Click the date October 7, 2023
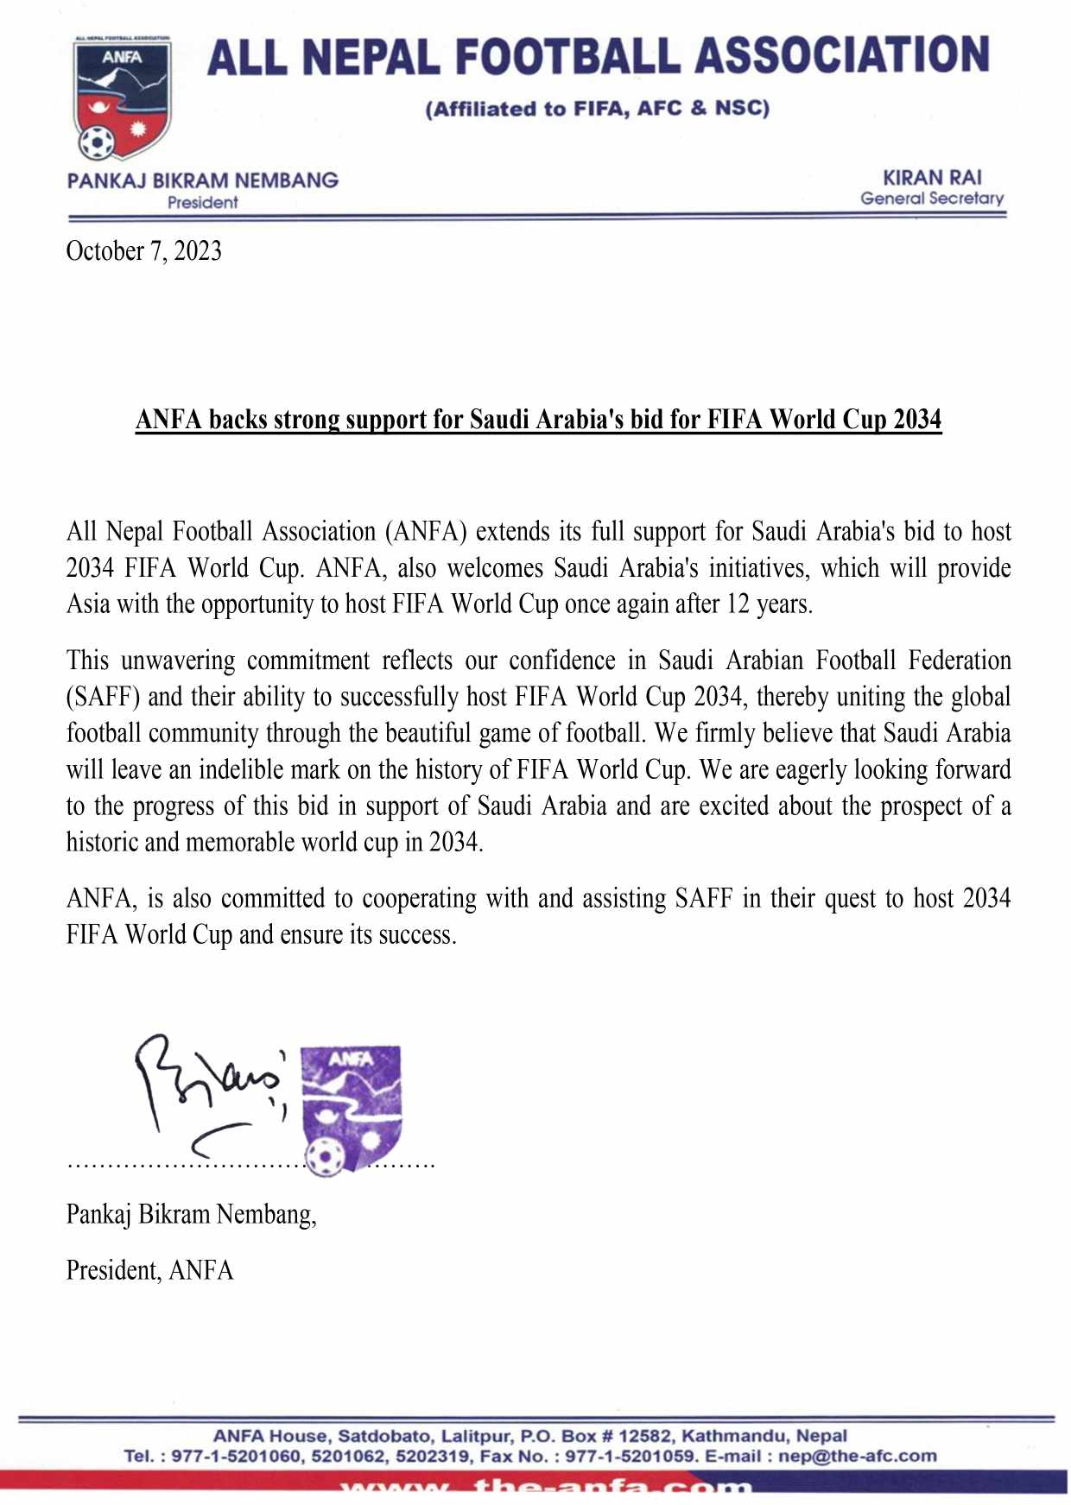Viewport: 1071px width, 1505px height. pyautogui.click(x=143, y=251)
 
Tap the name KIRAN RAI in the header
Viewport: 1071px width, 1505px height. pyautogui.click(x=932, y=178)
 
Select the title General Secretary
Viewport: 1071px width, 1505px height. pyautogui.click(x=932, y=199)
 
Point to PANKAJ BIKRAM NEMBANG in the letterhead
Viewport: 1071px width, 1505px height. pyautogui.click(x=203, y=180)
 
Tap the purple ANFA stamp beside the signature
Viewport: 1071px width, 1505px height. pyautogui.click(x=351, y=1105)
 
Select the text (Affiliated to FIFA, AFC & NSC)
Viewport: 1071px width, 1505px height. pyautogui.click(x=597, y=109)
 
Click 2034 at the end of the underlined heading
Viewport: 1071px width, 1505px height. pyautogui.click(x=917, y=420)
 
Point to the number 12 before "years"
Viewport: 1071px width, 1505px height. pyautogui.click(x=738, y=604)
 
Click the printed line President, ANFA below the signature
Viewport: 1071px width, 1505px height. pyautogui.click(x=149, y=1270)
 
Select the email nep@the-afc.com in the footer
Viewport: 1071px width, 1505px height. pyautogui.click(x=857, y=1456)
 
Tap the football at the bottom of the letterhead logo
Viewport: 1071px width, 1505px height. pyautogui.click(x=96, y=142)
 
